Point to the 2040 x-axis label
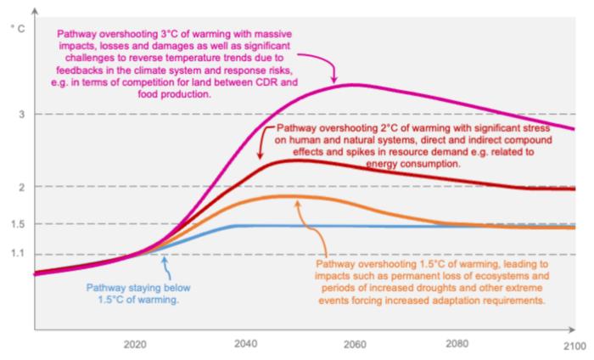245,344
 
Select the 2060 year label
355,344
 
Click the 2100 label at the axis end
574,344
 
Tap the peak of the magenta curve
350,84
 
